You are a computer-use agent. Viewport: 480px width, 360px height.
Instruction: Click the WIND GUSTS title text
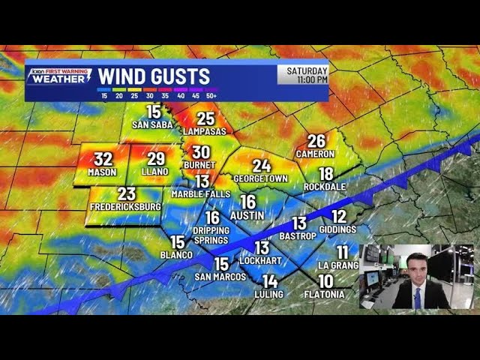tap(154, 76)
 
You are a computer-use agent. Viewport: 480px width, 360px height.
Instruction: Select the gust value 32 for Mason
tap(103, 159)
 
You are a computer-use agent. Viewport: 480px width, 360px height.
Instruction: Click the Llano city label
tap(156, 171)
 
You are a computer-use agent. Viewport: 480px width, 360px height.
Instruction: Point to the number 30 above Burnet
tap(201, 152)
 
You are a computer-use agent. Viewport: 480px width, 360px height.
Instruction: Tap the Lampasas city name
tap(205, 131)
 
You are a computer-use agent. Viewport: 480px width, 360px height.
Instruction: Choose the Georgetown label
tap(261, 178)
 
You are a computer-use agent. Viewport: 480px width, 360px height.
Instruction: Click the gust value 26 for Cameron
tap(316, 141)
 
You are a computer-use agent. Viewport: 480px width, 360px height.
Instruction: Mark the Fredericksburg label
tap(126, 205)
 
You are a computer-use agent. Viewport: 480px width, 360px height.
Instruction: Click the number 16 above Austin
tap(247, 202)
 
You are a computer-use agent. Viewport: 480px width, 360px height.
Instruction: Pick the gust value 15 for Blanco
tap(178, 241)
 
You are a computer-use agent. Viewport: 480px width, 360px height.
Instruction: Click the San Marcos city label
tap(220, 277)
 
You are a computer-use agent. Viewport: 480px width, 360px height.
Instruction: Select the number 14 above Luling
tap(270, 281)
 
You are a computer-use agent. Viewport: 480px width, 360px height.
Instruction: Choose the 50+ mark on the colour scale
tap(211, 95)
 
